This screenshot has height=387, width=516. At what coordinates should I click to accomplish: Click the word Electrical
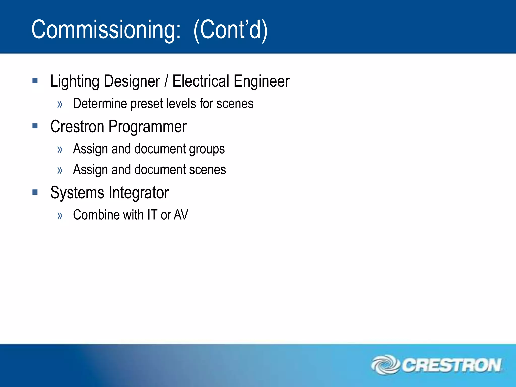[201, 81]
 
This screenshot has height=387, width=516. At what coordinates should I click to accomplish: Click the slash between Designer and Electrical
[166, 81]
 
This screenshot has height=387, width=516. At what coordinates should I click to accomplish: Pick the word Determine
[100, 104]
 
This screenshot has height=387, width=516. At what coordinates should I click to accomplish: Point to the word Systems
[77, 193]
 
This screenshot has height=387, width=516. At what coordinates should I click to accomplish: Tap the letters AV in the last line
[181, 215]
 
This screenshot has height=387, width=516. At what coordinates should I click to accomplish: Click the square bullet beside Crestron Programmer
[35, 126]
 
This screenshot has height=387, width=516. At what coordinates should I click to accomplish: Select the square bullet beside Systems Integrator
[35, 192]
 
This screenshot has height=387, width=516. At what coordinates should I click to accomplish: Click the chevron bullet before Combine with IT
[60, 216]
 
